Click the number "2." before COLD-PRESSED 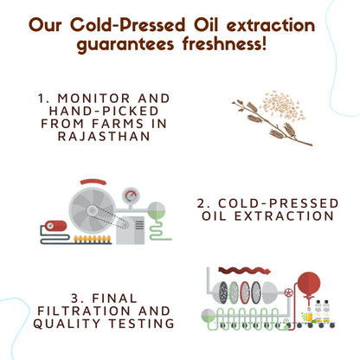(x=204, y=203)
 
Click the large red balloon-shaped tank (x=309, y=284)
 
